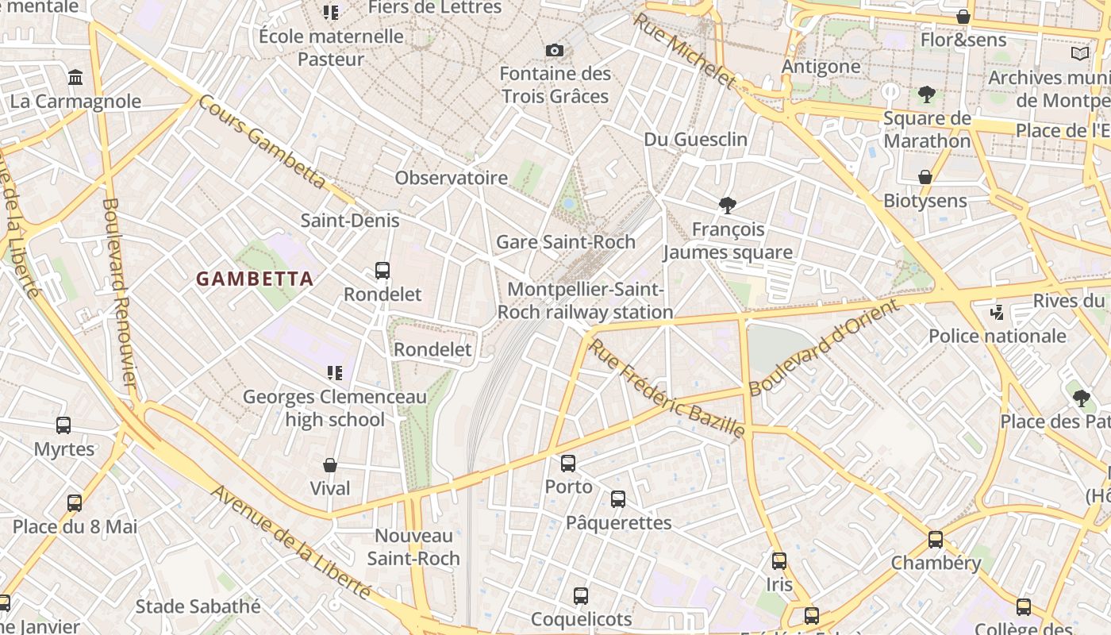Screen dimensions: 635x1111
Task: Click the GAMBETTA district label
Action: (255, 279)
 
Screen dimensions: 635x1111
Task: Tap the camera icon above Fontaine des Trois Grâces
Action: (555, 51)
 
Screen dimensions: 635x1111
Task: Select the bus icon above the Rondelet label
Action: (383, 271)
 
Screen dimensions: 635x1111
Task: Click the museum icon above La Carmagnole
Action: (75, 78)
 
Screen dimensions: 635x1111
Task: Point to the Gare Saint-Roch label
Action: (565, 242)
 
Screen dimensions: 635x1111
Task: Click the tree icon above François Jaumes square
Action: (727, 206)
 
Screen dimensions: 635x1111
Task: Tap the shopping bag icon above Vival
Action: (330, 465)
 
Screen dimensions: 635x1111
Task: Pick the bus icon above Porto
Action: (568, 464)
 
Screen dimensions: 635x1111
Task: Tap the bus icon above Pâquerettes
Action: (618, 499)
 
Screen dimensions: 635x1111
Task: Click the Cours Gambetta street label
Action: (262, 142)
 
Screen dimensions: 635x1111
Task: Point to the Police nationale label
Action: (997, 336)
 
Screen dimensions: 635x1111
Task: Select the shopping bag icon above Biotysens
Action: (925, 177)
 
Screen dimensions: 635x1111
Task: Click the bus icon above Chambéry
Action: (936, 540)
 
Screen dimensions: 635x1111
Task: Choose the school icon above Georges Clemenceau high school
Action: (334, 373)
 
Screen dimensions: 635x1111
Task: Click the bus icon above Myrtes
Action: (63, 425)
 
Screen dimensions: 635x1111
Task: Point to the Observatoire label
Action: (451, 178)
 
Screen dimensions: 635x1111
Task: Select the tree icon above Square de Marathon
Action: (926, 95)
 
